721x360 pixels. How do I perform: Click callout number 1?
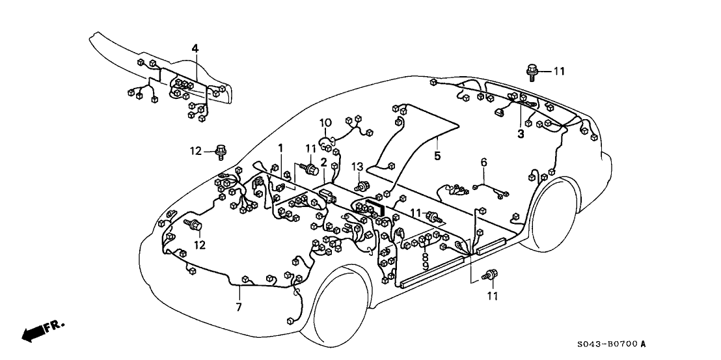[280, 148]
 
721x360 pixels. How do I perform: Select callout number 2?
[323, 163]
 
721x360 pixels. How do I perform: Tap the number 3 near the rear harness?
[521, 134]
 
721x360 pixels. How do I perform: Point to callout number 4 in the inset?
[195, 48]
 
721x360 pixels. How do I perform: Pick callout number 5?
[437, 156]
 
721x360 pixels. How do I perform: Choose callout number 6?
[483, 161]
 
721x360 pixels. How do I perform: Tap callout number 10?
[325, 122]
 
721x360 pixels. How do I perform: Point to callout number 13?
[357, 167]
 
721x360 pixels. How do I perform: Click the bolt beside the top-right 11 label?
[532, 70]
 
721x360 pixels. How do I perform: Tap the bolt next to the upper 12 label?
[221, 151]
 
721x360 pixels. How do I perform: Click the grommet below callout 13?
[359, 186]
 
